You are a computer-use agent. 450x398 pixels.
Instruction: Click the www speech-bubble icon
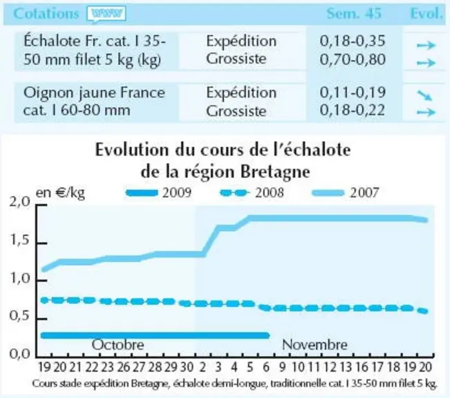click(106, 15)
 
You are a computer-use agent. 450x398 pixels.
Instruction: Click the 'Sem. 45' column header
click(354, 14)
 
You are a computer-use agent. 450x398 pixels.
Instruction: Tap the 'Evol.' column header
click(426, 14)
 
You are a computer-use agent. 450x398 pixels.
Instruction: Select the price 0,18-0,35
click(353, 41)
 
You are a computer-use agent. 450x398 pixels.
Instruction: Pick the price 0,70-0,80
click(353, 59)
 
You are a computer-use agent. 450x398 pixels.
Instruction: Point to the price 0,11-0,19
click(353, 92)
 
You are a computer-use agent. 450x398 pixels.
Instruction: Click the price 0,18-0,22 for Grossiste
click(353, 111)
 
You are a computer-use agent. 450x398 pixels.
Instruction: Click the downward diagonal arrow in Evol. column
click(424, 95)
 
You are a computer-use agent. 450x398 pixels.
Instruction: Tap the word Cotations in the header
click(46, 14)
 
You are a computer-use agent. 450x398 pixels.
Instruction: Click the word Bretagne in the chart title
click(275, 172)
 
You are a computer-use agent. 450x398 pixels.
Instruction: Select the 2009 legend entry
click(158, 193)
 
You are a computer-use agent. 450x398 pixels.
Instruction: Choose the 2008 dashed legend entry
click(252, 193)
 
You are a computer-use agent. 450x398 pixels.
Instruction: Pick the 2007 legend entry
click(345, 193)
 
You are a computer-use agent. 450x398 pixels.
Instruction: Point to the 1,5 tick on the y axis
click(41, 243)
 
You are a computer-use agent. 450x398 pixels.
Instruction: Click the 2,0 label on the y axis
click(19, 202)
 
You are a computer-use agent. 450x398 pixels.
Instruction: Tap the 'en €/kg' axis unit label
click(60, 193)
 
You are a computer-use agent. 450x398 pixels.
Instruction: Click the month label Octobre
click(118, 344)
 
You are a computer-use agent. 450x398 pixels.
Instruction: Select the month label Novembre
click(315, 344)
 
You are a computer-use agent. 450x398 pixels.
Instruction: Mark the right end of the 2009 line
click(269, 335)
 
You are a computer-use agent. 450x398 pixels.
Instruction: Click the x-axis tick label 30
click(187, 367)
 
